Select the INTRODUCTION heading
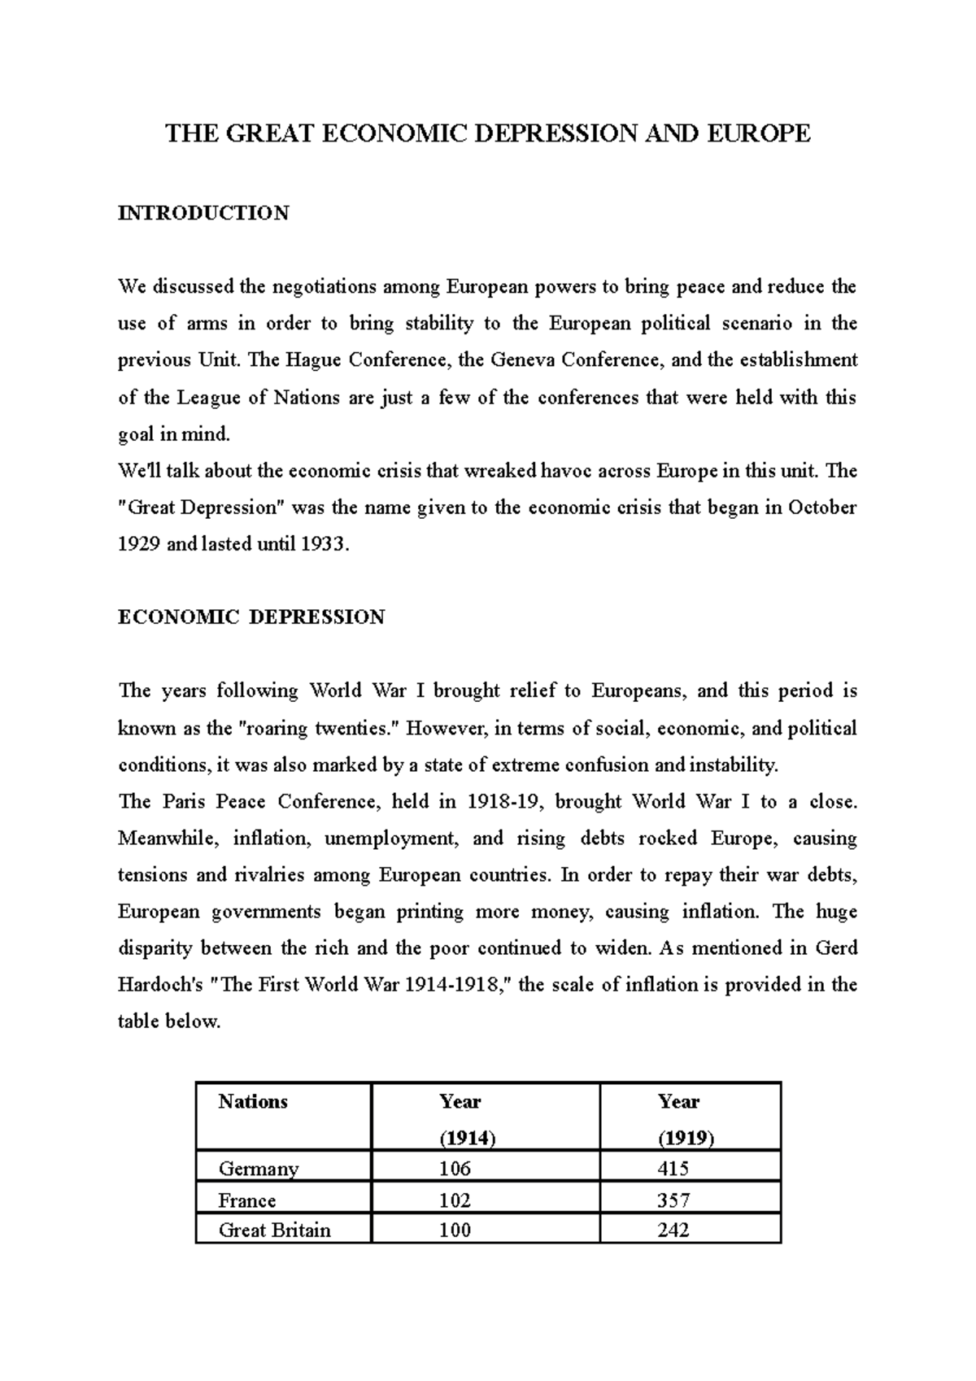tap(203, 213)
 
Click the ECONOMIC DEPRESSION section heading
tap(251, 617)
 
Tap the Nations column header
tap(253, 1102)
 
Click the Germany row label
tap(259, 1169)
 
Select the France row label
tap(247, 1200)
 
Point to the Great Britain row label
tap(275, 1230)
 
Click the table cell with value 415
tap(673, 1169)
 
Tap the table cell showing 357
tap(673, 1200)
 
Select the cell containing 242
tap(673, 1230)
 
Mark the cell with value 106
tap(455, 1169)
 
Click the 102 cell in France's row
tap(455, 1200)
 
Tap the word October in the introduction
tap(822, 508)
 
